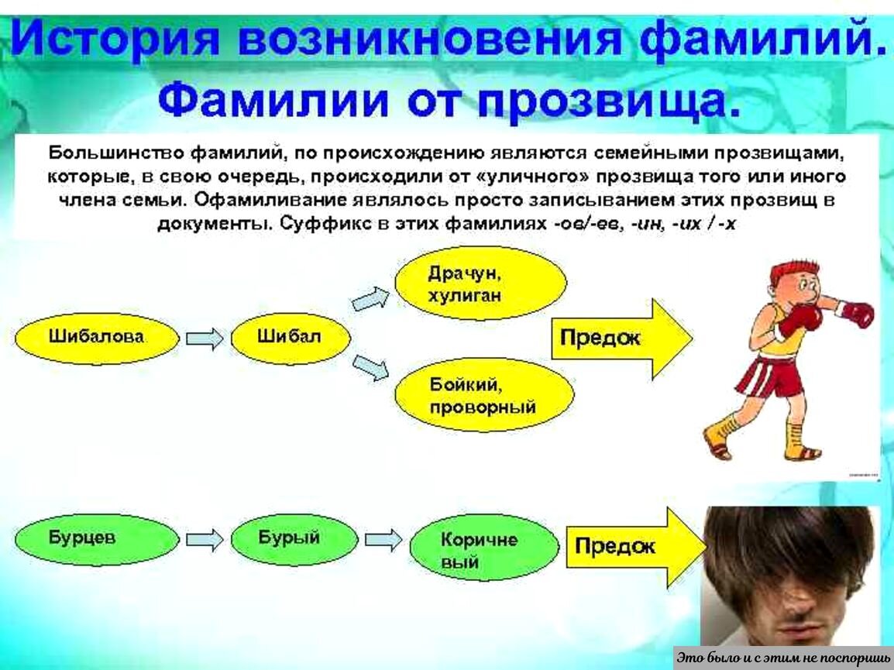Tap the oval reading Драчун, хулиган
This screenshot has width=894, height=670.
480,283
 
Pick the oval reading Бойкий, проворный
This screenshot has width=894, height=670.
484,394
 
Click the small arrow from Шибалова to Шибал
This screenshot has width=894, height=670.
205,338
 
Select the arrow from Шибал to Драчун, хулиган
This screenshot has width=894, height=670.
370,298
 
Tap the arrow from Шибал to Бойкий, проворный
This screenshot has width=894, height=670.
370,366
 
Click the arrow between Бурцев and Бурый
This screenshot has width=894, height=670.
205,540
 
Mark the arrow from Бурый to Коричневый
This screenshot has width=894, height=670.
383,540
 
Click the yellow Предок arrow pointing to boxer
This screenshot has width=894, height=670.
620,338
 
